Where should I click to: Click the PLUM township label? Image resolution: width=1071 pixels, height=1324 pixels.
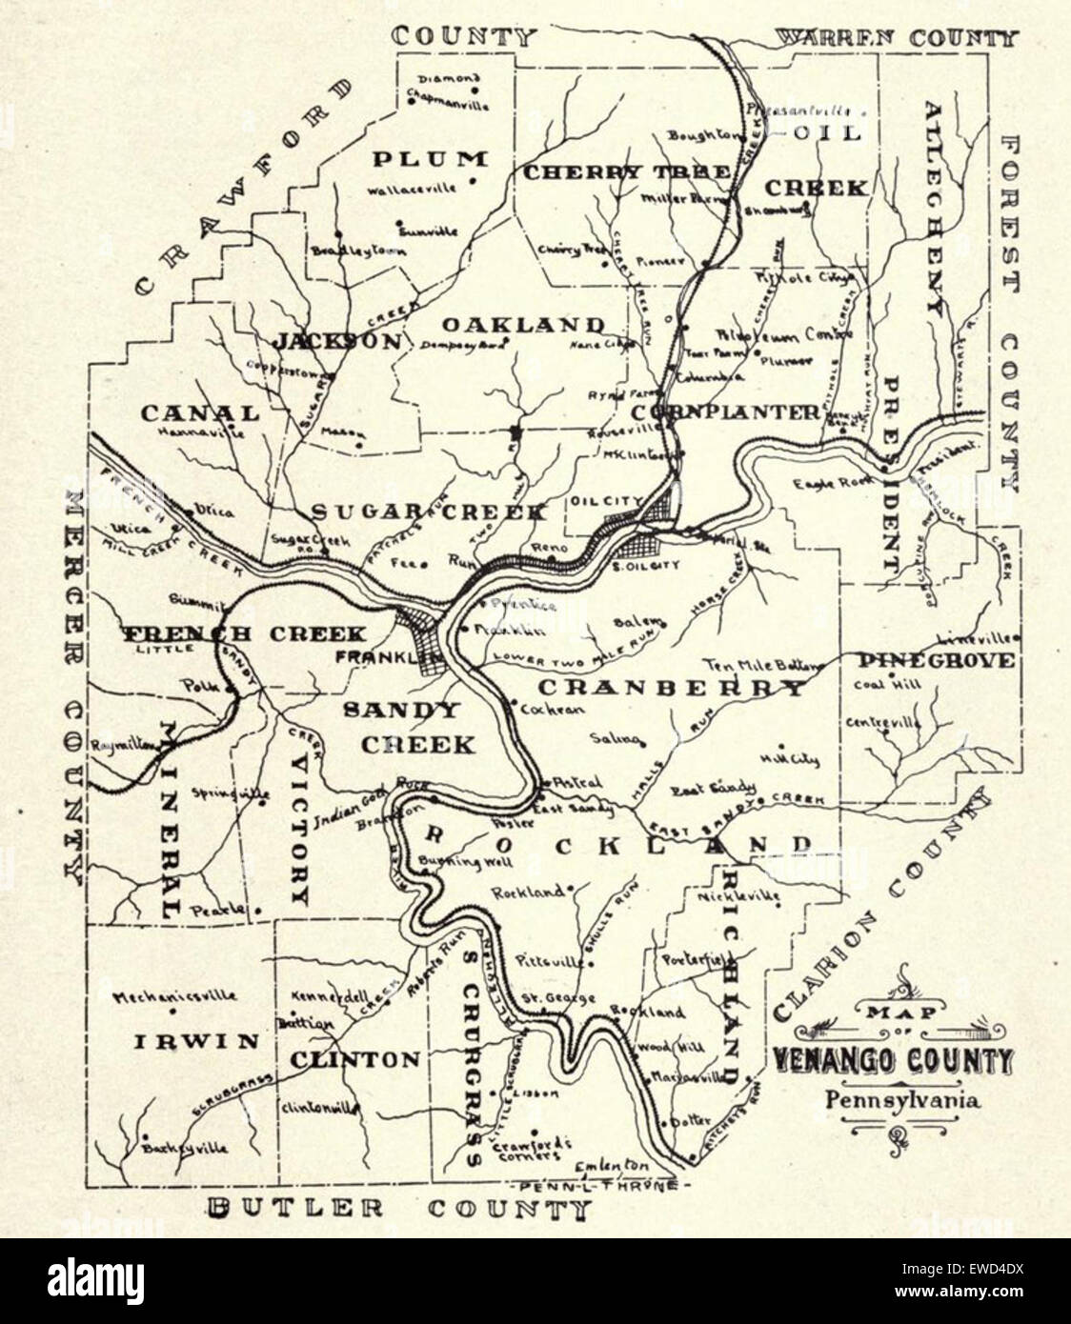click(429, 158)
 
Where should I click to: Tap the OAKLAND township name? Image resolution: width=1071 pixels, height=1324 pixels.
click(522, 325)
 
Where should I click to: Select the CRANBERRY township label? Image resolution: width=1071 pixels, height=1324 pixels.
click(671, 688)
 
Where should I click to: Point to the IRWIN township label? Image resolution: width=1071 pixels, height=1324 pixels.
click(195, 1041)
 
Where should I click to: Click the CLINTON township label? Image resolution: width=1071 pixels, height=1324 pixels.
click(354, 1059)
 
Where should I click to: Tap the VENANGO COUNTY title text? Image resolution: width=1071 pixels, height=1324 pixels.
click(893, 1060)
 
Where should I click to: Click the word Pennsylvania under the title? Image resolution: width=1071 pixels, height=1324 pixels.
click(902, 1100)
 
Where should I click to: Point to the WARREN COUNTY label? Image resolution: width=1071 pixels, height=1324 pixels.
click(896, 38)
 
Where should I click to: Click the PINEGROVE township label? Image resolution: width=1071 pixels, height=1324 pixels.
click(935, 660)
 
